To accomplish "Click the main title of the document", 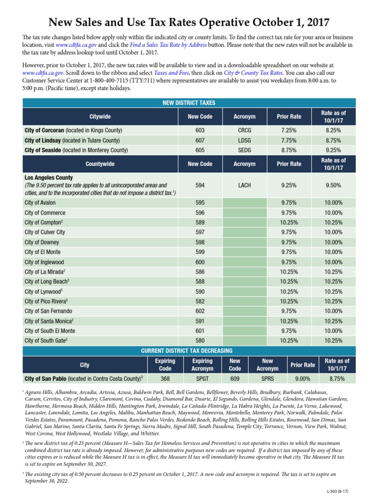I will (x=189, y=22).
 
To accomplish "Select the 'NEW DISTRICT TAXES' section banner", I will (x=189, y=103).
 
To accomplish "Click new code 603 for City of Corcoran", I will (x=200, y=130).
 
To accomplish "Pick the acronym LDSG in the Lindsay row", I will (x=244, y=140).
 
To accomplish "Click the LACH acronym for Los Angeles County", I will (x=244, y=185).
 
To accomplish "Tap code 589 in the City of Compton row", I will (x=200, y=222).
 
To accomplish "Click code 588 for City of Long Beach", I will (x=200, y=282).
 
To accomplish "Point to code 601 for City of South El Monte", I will (x=200, y=331).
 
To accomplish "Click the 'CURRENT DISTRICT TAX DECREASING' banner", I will (x=189, y=350).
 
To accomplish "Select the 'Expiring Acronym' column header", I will (x=202, y=365).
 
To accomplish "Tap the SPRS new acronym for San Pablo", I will (x=267, y=379).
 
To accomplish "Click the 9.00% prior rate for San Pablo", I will (x=303, y=379).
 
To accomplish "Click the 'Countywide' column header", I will (x=100, y=164).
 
